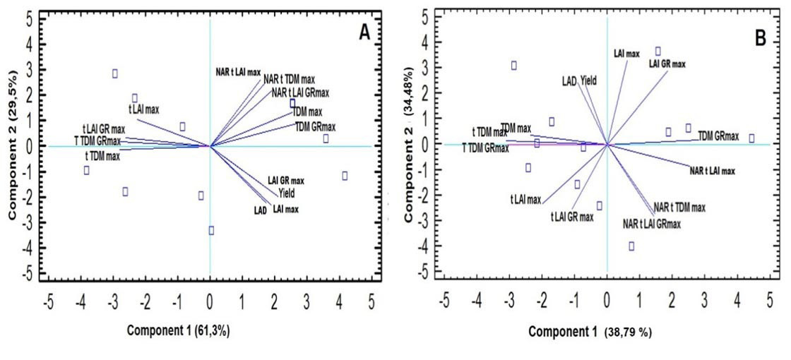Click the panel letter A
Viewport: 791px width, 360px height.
pyautogui.click(x=364, y=32)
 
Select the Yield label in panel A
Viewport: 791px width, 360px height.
pyautogui.click(x=287, y=193)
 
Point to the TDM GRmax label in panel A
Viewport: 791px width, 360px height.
pyautogui.click(x=315, y=127)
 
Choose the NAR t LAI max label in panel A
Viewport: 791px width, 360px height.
pyautogui.click(x=238, y=72)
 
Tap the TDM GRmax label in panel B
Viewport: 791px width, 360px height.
pyautogui.click(x=718, y=136)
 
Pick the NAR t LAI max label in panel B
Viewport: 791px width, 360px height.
pyautogui.click(x=713, y=171)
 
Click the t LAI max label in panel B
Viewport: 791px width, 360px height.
pyautogui.click(x=525, y=200)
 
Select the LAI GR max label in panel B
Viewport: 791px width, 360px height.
pyautogui.click(x=667, y=64)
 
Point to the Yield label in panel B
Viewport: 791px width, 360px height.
pyautogui.click(x=588, y=81)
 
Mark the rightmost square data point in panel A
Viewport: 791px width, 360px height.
pyautogui.click(x=345, y=176)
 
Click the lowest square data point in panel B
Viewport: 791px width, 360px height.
pyautogui.click(x=632, y=246)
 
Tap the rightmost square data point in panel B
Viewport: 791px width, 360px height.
pyautogui.click(x=751, y=138)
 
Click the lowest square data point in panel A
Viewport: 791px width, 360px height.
pyautogui.click(x=211, y=230)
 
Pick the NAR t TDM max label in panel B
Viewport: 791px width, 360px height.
pyautogui.click(x=679, y=207)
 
